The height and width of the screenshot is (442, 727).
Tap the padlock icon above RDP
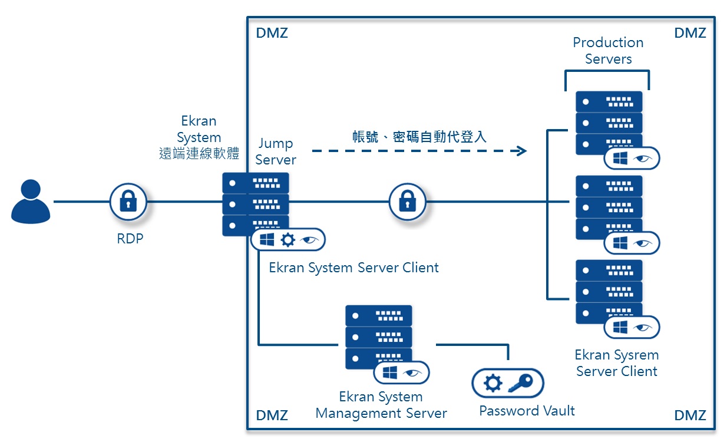128,202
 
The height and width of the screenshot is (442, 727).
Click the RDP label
130,239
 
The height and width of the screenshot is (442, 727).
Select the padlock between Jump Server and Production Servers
407,202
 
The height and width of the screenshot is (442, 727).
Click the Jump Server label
276,151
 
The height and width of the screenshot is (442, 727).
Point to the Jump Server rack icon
255,204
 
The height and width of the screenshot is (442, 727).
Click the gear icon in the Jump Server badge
288,240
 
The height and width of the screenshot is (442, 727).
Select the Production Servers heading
608,51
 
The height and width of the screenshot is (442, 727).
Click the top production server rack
609,123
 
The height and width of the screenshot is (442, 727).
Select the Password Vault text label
527,411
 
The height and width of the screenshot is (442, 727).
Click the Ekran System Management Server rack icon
378,337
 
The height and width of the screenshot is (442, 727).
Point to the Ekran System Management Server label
381,405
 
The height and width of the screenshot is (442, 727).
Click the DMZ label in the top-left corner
272,33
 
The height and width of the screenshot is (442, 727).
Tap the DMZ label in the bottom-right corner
689,415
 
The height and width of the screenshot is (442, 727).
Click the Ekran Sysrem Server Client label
616,363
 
